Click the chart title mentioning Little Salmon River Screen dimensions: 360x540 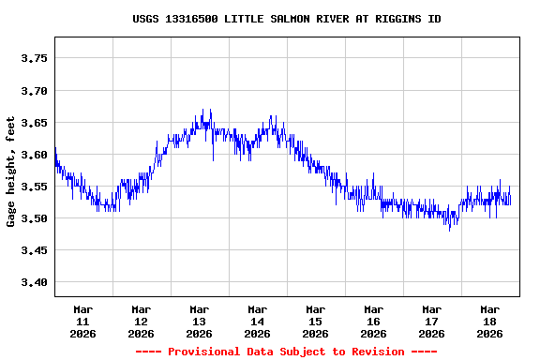tap(286, 19)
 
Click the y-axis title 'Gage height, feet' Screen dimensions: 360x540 tap(11, 172)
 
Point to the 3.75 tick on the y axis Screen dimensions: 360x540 tap(34, 58)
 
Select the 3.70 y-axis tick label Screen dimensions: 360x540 tap(34, 91)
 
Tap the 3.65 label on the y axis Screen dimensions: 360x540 tap(34, 123)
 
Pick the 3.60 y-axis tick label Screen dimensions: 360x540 tap(34, 155)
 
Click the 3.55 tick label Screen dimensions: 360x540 tap(34, 187)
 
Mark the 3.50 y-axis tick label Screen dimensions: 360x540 tap(34, 218)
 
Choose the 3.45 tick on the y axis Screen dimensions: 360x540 tap(34, 250)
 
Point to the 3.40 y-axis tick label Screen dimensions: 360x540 tap(34, 282)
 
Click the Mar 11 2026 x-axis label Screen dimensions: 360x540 tap(83, 321)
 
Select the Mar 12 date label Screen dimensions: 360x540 tap(142, 321)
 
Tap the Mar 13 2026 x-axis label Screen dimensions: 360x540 tap(200, 321)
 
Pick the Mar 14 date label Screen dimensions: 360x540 tap(258, 321)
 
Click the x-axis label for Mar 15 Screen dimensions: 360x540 tap(316, 321)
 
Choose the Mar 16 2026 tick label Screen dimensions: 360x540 tap(374, 321)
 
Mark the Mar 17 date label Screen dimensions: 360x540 tap(432, 321)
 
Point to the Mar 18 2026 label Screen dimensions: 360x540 tap(490, 321)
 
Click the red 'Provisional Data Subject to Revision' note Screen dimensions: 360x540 tap(286, 352)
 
